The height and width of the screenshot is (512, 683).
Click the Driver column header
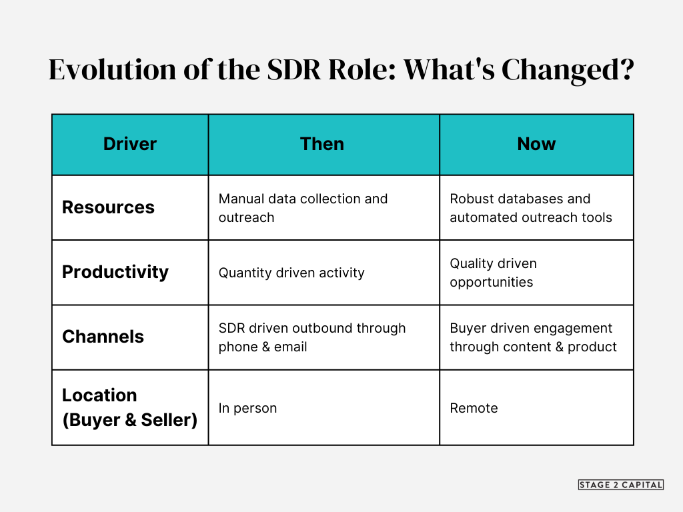pos(130,144)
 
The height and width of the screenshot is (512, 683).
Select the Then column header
pos(322,144)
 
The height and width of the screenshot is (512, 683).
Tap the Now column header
pos(536,144)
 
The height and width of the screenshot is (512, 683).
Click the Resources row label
pos(108,207)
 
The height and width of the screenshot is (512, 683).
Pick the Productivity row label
pos(115,272)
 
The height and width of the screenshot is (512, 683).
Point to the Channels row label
pos(103,337)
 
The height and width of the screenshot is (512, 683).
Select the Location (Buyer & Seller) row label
pos(129,407)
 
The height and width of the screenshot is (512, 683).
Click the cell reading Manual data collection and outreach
pos(303,208)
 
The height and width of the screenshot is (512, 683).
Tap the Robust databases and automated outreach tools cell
pos(530,208)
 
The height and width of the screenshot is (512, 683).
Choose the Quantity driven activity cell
pos(291,273)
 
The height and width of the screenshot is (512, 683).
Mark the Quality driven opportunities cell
pos(493,273)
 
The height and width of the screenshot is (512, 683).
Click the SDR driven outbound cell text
pos(311,337)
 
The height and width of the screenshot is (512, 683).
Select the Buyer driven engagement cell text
pos(533,337)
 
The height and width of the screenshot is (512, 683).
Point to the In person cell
pos(247,408)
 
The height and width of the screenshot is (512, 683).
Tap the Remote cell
pos(474,408)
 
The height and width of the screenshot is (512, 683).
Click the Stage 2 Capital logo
pos(620,485)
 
